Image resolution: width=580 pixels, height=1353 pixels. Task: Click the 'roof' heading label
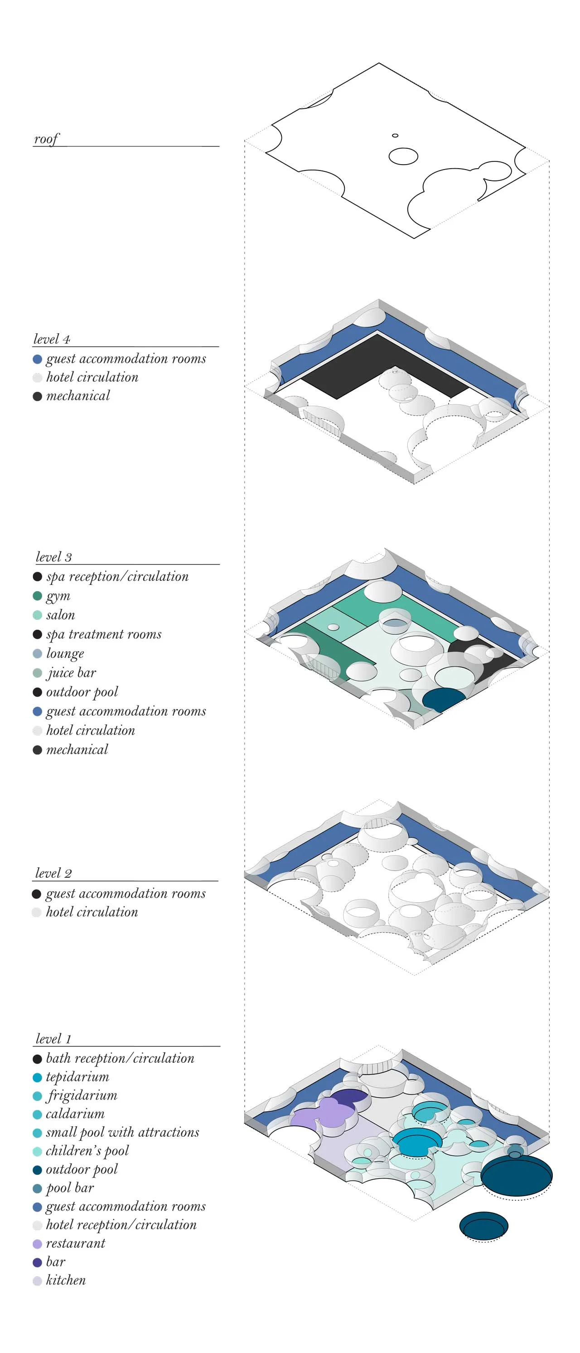pyautogui.click(x=46, y=139)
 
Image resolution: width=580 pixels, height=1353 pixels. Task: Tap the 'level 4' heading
pyautogui.click(x=52, y=339)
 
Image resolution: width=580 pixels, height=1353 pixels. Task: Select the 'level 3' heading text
pyautogui.click(x=53, y=557)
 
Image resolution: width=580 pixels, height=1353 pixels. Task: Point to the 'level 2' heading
pyautogui.click(x=53, y=873)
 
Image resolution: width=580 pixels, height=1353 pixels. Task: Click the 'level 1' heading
pyautogui.click(x=53, y=1039)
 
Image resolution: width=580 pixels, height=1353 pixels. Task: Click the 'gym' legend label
pyautogui.click(x=58, y=596)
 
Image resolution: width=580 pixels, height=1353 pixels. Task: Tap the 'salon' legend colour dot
pyautogui.click(x=37, y=615)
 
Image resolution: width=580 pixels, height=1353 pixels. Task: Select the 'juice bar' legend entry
pyautogui.click(x=72, y=673)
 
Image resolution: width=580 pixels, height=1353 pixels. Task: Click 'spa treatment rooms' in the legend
pyautogui.click(x=103, y=634)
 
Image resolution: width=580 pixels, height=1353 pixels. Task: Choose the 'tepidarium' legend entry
pyautogui.click(x=77, y=1077)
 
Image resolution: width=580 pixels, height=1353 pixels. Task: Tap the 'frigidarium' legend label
pyautogui.click(x=82, y=1095)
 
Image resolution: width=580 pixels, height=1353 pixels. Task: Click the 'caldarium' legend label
pyautogui.click(x=75, y=1114)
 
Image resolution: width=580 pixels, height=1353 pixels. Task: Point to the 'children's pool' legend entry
pyautogui.click(x=87, y=1151)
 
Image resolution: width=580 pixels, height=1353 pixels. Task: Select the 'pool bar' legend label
pyautogui.click(x=70, y=1188)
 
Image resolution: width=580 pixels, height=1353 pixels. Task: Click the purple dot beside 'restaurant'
pyautogui.click(x=37, y=1244)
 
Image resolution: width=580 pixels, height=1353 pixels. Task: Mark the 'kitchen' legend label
pyautogui.click(x=66, y=1280)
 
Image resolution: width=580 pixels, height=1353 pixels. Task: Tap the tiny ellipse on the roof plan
pyautogui.click(x=395, y=136)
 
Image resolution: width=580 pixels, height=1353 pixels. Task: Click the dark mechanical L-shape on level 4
pyautogui.click(x=367, y=368)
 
